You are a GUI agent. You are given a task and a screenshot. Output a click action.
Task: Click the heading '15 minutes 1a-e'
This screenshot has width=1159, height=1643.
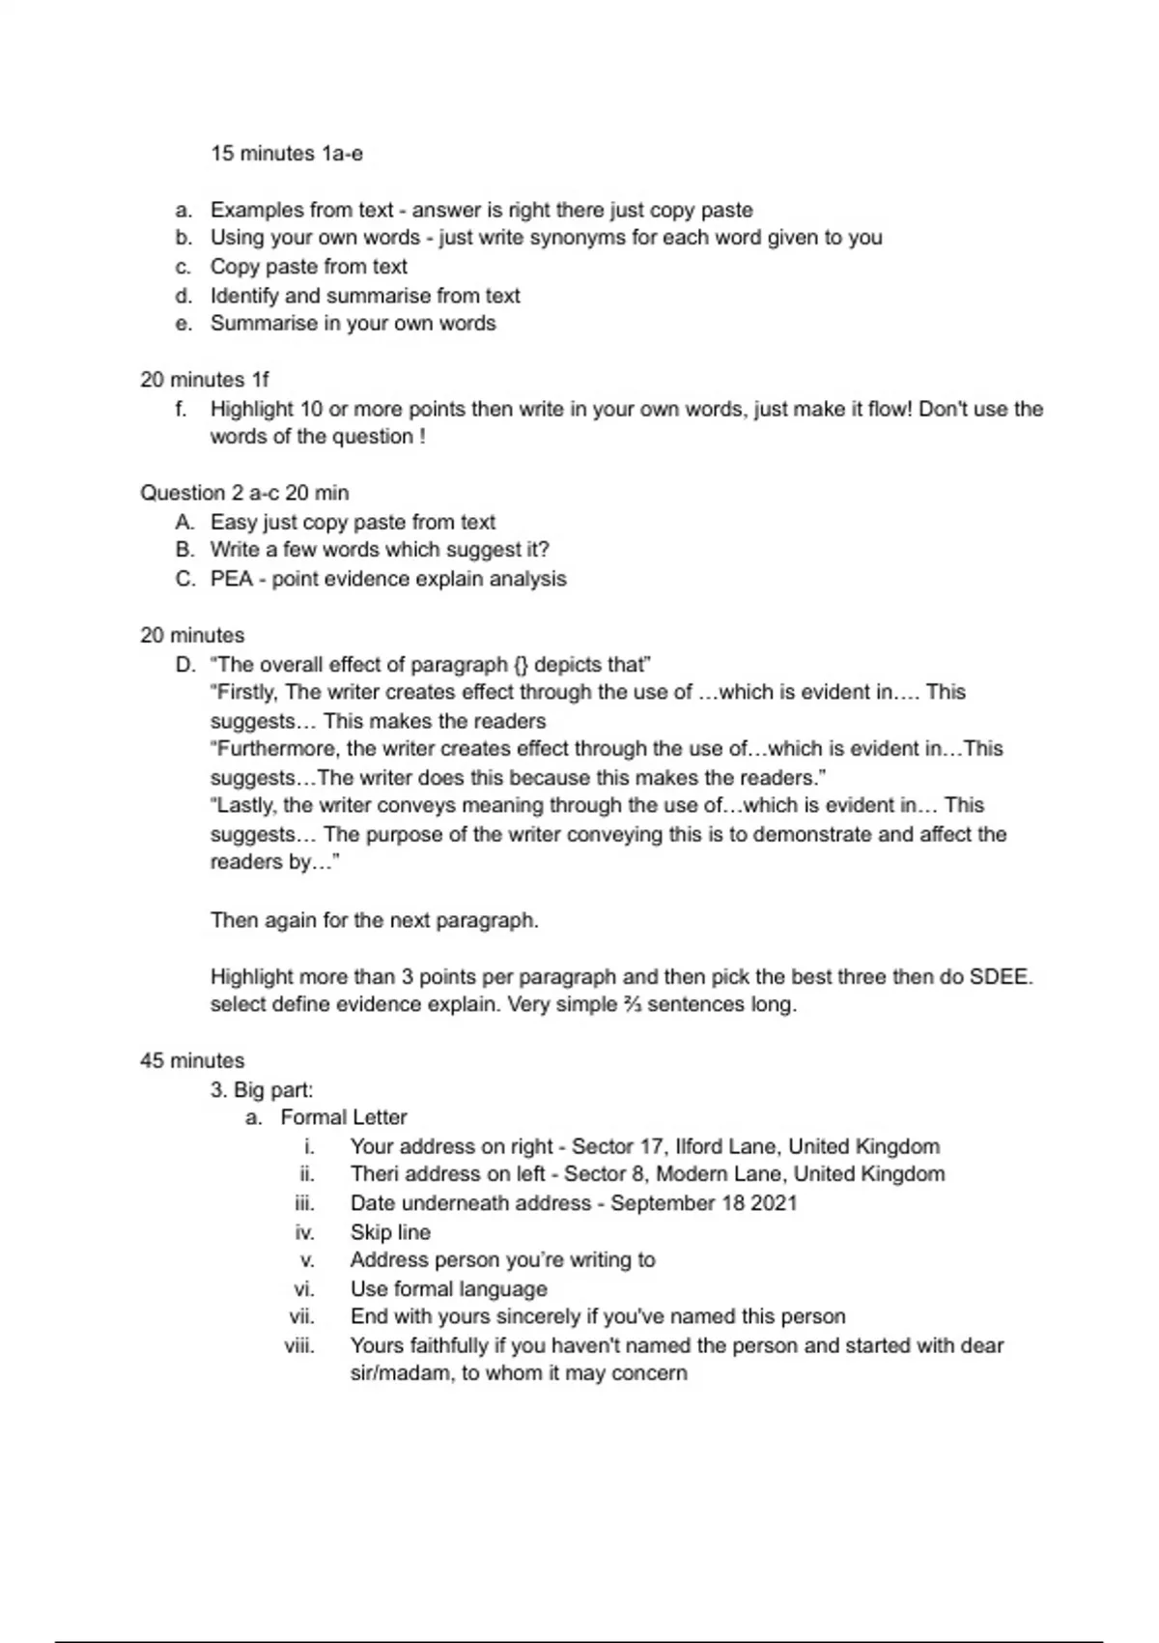(x=287, y=154)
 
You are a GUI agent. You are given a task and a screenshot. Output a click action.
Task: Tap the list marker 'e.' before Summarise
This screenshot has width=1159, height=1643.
(x=184, y=324)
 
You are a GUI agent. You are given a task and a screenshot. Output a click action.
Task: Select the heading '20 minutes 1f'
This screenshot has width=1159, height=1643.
(x=205, y=380)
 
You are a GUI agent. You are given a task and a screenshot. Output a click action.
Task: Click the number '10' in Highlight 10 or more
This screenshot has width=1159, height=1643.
(x=311, y=409)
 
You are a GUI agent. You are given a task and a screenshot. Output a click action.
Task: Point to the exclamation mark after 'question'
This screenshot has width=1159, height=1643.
(x=422, y=437)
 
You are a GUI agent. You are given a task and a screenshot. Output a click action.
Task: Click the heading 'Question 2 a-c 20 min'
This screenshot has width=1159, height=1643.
(x=244, y=493)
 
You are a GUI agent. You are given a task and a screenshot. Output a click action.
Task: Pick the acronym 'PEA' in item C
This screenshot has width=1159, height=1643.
(x=232, y=579)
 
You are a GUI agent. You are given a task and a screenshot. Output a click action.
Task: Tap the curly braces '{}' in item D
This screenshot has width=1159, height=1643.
(x=521, y=665)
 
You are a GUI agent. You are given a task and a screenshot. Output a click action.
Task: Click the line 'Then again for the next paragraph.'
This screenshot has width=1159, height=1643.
(x=374, y=920)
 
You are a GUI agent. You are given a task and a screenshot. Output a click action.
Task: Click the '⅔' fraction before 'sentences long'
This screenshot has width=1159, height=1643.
(x=632, y=1005)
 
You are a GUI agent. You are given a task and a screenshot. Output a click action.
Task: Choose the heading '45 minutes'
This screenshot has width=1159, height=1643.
(x=192, y=1061)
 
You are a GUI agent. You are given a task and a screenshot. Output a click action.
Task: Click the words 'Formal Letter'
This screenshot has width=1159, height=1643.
(x=344, y=1117)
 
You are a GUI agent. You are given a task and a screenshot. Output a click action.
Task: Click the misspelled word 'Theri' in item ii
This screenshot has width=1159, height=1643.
(x=374, y=1174)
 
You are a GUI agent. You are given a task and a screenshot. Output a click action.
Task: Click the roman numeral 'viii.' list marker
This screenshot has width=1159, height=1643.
(x=299, y=1345)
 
